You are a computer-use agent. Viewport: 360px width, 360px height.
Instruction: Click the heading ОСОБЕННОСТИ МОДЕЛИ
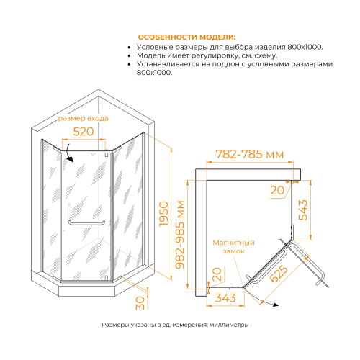pyautogui.click(x=186, y=37)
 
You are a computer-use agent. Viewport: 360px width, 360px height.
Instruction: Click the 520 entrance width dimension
pyautogui.click(x=84, y=132)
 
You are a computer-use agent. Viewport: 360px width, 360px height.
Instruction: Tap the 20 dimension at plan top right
pyautogui.click(x=278, y=190)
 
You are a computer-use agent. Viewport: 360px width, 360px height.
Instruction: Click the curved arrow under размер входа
pyautogui.click(x=67, y=149)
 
